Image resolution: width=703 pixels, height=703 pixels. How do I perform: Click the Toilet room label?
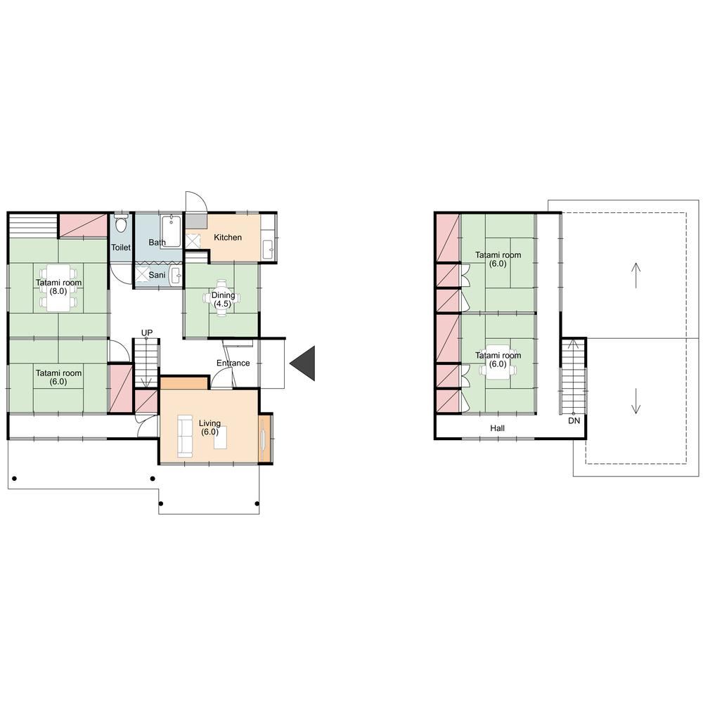[121, 247]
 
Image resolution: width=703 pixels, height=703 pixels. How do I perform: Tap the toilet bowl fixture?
[121, 223]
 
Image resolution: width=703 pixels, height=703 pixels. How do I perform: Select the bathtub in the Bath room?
[171, 231]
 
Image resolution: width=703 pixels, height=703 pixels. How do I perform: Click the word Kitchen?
[228, 237]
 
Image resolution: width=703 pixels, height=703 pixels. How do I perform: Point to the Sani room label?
[157, 275]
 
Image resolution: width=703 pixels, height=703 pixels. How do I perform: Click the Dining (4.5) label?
[223, 299]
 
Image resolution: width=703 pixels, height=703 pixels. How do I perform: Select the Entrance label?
[233, 363]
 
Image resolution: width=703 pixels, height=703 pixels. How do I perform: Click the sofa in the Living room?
[185, 436]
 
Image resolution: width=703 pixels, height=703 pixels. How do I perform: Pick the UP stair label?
[147, 333]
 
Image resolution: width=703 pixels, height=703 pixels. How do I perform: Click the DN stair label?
[574, 420]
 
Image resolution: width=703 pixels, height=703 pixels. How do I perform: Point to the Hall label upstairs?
[497, 428]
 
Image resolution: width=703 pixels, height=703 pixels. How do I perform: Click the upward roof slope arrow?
[636, 276]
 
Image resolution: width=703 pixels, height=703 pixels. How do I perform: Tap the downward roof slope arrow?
[636, 401]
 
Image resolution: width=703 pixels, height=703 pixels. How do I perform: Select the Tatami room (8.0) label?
[59, 287]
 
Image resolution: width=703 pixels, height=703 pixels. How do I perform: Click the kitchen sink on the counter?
[268, 250]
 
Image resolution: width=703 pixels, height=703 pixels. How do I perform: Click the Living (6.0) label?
[209, 427]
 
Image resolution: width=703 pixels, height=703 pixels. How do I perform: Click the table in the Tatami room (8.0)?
[58, 288]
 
